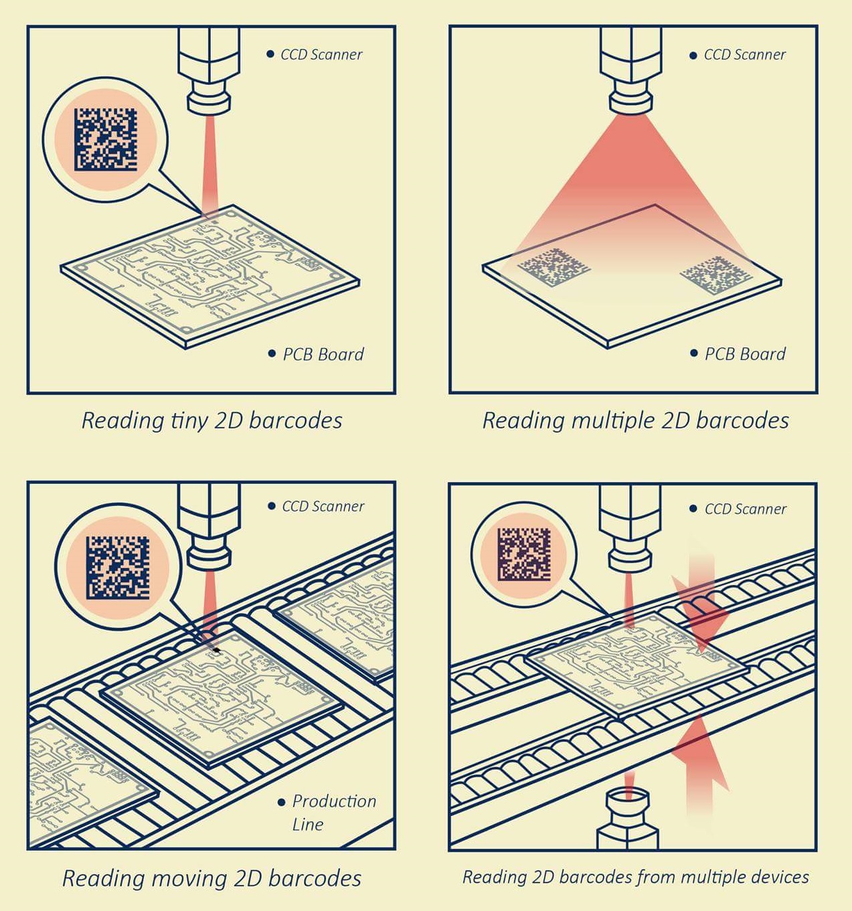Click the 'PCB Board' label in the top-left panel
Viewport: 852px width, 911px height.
point(323,354)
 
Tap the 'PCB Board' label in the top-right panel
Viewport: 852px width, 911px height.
point(744,354)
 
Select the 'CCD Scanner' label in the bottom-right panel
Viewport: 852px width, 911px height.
point(745,509)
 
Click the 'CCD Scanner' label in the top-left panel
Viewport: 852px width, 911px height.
point(321,55)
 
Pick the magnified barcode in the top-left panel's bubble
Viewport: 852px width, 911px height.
point(105,139)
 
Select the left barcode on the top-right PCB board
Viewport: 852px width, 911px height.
point(555,267)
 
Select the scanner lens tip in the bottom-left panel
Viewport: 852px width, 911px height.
point(209,557)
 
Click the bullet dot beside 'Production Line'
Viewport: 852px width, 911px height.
point(281,802)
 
